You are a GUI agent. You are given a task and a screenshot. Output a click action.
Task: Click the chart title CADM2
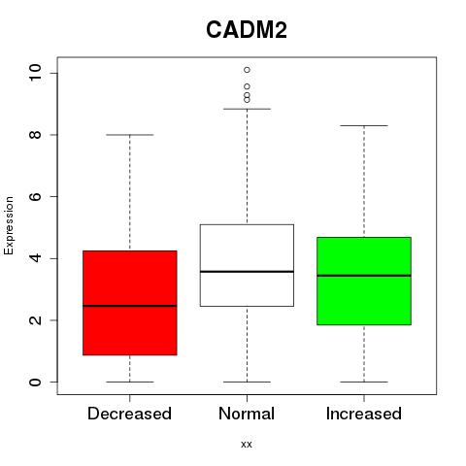pyautogui.click(x=247, y=30)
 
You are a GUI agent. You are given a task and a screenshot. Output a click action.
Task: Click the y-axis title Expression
pyautogui.click(x=9, y=225)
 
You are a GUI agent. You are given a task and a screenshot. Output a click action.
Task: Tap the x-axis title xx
pyautogui.click(x=247, y=444)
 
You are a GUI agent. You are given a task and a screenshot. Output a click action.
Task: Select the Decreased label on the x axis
pyautogui.click(x=129, y=414)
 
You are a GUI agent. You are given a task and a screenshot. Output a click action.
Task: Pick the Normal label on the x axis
pyautogui.click(x=247, y=414)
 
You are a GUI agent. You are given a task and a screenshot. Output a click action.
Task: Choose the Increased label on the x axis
pyautogui.click(x=364, y=414)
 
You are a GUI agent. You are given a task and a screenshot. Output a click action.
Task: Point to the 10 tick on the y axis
pyautogui.click(x=35, y=73)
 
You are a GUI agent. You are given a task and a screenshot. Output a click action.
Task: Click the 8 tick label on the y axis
pyautogui.click(x=35, y=135)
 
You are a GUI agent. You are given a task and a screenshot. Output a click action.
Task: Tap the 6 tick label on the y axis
pyautogui.click(x=35, y=196)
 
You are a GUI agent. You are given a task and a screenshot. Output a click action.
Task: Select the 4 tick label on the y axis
pyautogui.click(x=35, y=258)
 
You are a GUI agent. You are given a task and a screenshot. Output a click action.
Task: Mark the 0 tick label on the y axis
pyautogui.click(x=35, y=382)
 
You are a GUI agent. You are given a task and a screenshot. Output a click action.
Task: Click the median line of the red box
pyautogui.click(x=130, y=306)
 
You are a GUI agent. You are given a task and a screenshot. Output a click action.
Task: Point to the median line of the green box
pyautogui.click(x=364, y=276)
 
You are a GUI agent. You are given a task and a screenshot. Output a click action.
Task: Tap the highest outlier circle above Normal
pyautogui.click(x=247, y=70)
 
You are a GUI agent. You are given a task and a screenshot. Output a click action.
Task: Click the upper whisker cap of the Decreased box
pyautogui.click(x=130, y=135)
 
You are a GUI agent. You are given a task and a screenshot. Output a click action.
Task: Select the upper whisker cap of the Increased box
pyautogui.click(x=364, y=125)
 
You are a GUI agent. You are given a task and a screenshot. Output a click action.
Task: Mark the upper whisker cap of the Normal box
pyautogui.click(x=247, y=109)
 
